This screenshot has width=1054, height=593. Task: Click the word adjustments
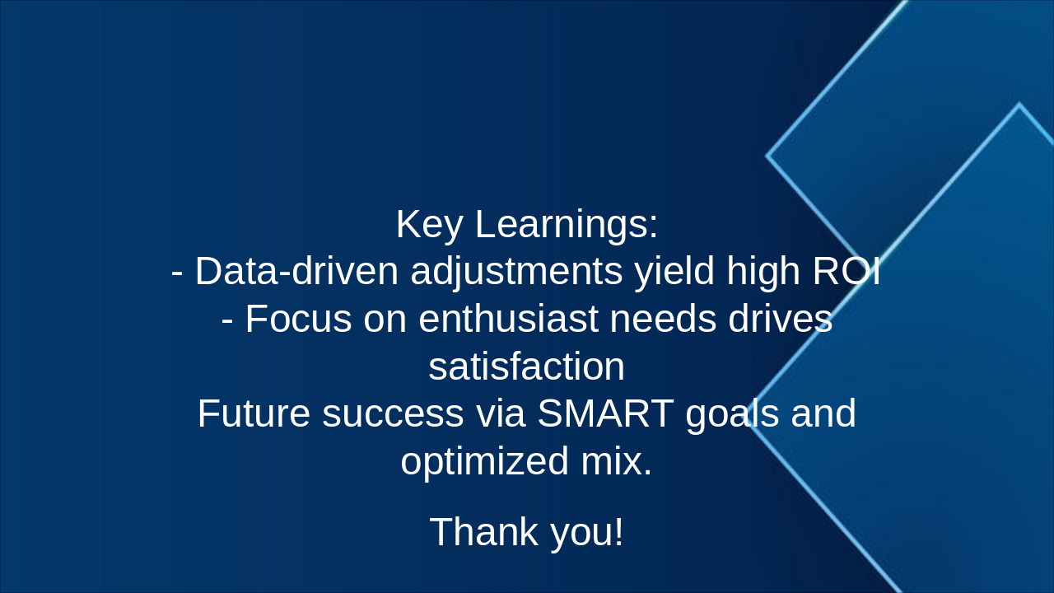[516, 272]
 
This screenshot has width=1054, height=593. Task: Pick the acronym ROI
[847, 272]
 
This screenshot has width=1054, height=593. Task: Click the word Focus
[298, 319]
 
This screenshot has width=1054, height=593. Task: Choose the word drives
[780, 319]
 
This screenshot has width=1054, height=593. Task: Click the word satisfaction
[526, 367]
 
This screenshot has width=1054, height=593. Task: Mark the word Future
[254, 413]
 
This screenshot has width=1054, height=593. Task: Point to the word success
[393, 413]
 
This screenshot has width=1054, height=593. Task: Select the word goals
[732, 413]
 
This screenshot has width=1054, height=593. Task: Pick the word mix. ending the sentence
[616, 461]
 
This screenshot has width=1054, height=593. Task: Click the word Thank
[484, 531]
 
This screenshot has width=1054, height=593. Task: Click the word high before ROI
[763, 272]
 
